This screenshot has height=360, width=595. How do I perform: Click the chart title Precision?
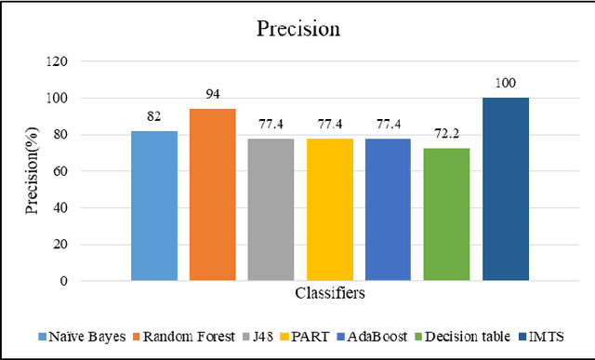pos(297,29)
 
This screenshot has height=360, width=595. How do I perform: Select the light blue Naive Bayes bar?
pos(154,206)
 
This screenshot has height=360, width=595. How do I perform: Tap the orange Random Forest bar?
pos(213,194)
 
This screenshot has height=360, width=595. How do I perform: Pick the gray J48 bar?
pos(271,209)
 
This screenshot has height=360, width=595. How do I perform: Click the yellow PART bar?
pos(330,209)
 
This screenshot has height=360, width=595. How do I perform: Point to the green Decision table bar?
pos(447,214)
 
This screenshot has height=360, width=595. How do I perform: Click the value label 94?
pos(213,94)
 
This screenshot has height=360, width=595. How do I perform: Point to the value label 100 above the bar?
pos(506,83)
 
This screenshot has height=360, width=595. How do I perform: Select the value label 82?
pos(154,116)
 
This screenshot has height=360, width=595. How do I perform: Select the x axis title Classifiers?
pos(330,293)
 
